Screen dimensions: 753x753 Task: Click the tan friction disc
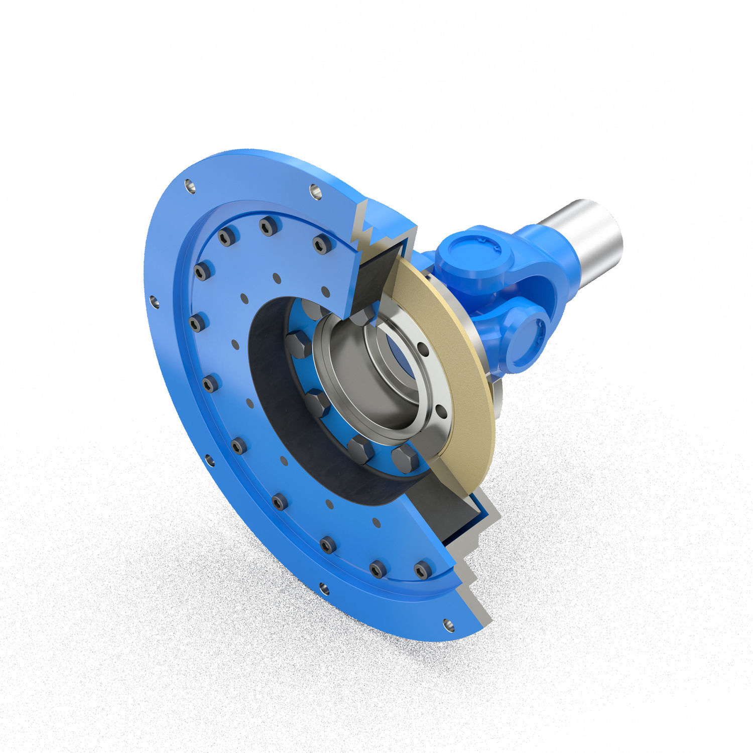(x=452, y=351)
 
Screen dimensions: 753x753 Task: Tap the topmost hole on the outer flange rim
(x=315, y=191)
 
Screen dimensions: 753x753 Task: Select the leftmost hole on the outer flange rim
(x=154, y=302)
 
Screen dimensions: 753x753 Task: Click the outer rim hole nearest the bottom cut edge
(x=449, y=625)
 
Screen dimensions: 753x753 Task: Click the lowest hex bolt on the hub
(x=405, y=459)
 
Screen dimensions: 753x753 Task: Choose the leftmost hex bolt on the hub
(x=298, y=344)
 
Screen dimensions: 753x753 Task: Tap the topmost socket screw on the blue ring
(x=269, y=226)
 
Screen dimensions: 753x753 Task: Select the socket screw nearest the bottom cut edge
(x=423, y=570)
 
